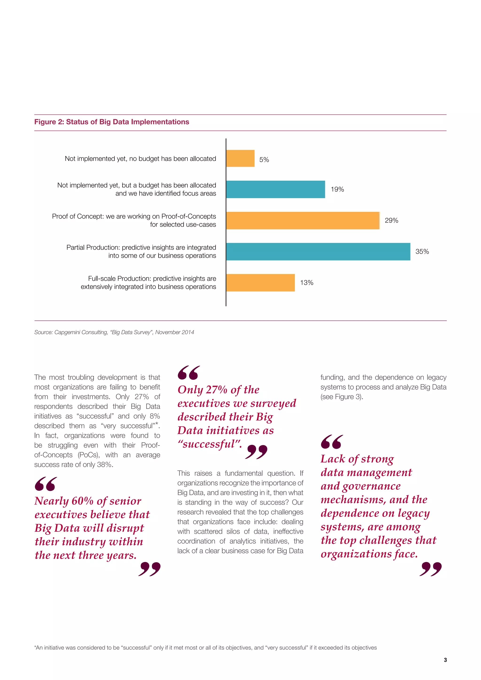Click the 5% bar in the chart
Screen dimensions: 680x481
tap(240, 158)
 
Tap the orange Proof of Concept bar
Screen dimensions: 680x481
tap(303, 220)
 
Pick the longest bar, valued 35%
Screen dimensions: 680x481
tap(318, 251)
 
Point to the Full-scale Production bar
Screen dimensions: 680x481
tap(260, 283)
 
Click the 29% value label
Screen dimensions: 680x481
tap(391, 220)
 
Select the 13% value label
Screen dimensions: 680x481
tap(306, 283)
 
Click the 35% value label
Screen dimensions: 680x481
tap(422, 251)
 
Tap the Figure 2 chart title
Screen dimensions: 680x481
tap(112, 122)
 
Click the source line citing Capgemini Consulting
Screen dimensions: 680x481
tap(114, 332)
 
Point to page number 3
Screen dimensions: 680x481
tap(445, 660)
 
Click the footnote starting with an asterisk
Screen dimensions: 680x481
tap(205, 648)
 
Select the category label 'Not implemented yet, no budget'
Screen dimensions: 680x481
tap(140, 159)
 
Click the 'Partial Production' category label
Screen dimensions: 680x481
tap(141, 251)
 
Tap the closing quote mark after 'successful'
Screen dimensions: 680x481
tap(256, 452)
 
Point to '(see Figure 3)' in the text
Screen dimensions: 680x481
tap(341, 397)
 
